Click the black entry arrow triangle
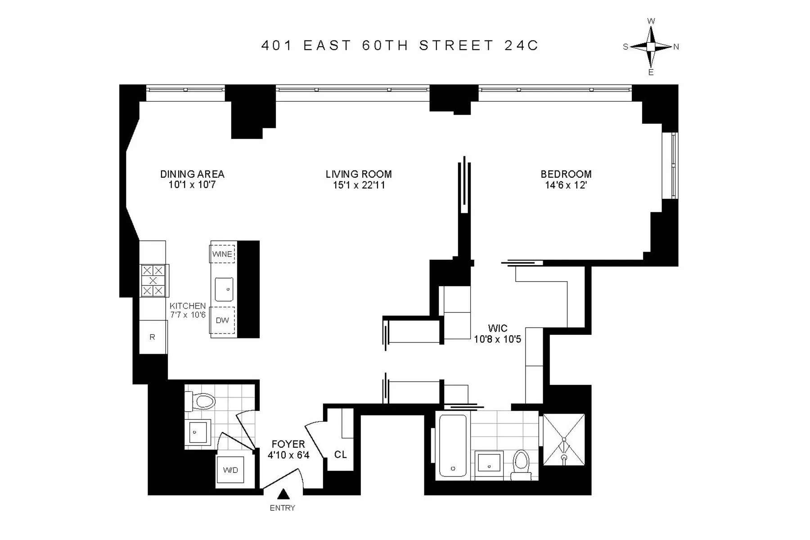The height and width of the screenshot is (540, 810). [x=283, y=494]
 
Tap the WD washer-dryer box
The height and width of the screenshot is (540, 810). [x=230, y=470]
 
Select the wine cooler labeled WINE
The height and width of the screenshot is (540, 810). [x=222, y=254]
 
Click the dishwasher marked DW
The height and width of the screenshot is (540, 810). [x=222, y=320]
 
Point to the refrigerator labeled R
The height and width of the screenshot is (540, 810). [x=153, y=337]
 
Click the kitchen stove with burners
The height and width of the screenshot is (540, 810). [x=153, y=280]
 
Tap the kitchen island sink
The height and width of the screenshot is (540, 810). [x=224, y=289]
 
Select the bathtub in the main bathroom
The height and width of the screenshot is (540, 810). [x=453, y=445]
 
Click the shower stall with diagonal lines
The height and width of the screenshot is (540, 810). [x=564, y=439]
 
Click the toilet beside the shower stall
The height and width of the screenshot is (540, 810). [x=522, y=463]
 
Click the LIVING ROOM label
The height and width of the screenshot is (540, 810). [x=359, y=174]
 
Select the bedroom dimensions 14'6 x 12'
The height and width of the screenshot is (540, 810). [x=566, y=185]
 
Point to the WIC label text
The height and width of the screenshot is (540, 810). [x=497, y=328]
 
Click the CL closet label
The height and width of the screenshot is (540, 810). [x=340, y=454]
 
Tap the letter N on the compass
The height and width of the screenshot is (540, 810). [x=676, y=47]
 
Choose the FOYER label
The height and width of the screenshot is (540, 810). [x=288, y=444]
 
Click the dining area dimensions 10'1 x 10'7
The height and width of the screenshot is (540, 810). [x=192, y=185]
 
